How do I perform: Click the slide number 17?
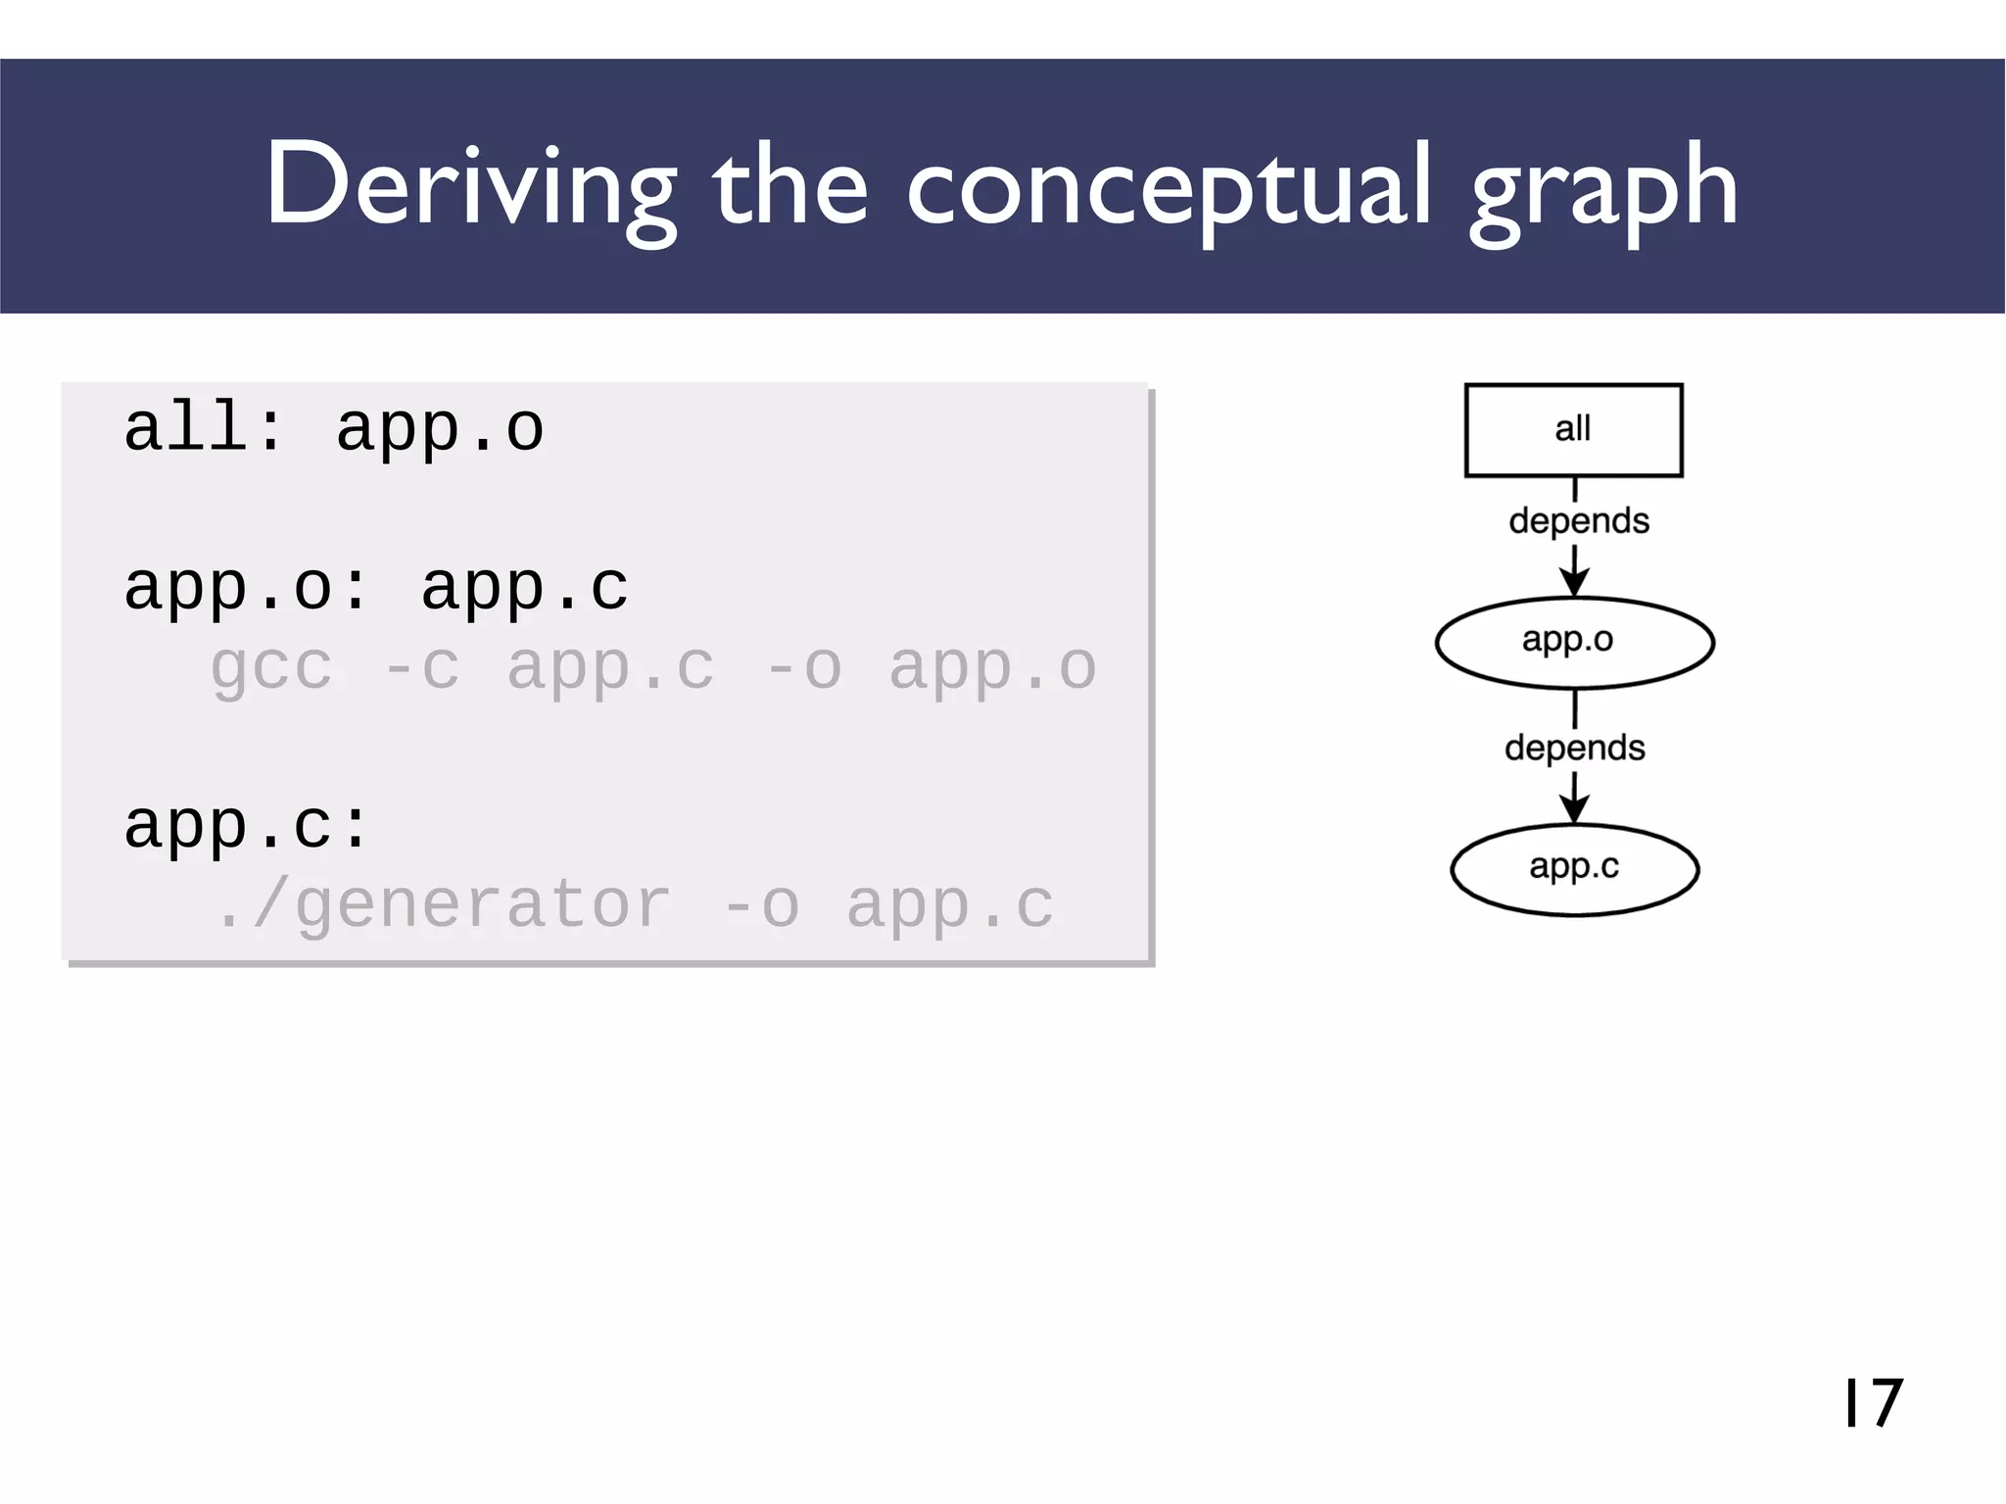click(x=1872, y=1402)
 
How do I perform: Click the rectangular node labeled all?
click(x=1573, y=430)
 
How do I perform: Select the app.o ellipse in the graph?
click(x=1574, y=642)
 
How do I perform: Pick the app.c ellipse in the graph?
click(x=1574, y=869)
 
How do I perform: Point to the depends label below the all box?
click(x=1578, y=520)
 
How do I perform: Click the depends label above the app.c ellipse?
click(x=1574, y=748)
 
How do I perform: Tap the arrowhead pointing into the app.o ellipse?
click(x=1574, y=584)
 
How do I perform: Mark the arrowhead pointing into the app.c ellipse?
click(x=1574, y=810)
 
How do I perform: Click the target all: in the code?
click(x=204, y=429)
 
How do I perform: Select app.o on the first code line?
click(x=440, y=429)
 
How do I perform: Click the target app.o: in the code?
click(x=246, y=588)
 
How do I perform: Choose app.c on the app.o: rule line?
click(x=525, y=588)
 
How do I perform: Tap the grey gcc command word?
click(x=271, y=668)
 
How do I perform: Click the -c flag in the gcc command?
click(x=420, y=668)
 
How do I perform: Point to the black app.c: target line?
click(x=246, y=825)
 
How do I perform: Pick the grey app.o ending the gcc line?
click(x=992, y=668)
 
